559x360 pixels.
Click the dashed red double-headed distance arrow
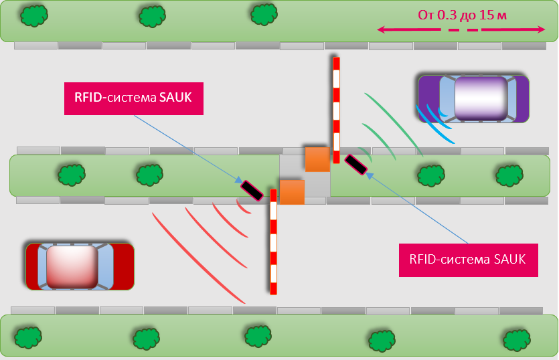461,30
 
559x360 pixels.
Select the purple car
473,98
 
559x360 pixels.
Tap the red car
80,266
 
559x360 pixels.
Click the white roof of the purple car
480,98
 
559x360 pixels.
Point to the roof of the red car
72,266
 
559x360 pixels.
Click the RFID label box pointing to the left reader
133,98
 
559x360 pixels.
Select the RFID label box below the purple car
468,258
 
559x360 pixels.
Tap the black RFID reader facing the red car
252,191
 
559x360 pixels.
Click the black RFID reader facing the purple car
355,165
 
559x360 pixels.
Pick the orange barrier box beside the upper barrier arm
317,159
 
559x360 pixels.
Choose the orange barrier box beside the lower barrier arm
292,192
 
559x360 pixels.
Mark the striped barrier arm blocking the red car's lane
273,241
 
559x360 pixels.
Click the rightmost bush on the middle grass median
509,175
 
